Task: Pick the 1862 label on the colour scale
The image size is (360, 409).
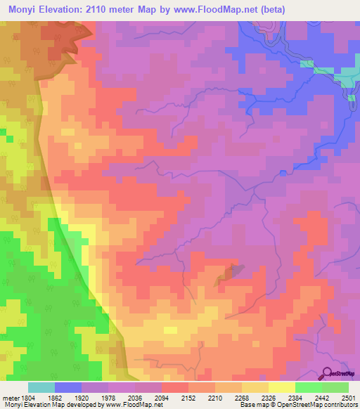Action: point(54,398)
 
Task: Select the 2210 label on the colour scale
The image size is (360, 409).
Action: point(216,398)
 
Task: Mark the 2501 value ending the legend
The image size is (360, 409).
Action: point(349,398)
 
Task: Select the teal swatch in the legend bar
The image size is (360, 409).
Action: point(41,387)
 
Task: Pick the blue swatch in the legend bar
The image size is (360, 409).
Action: point(68,387)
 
